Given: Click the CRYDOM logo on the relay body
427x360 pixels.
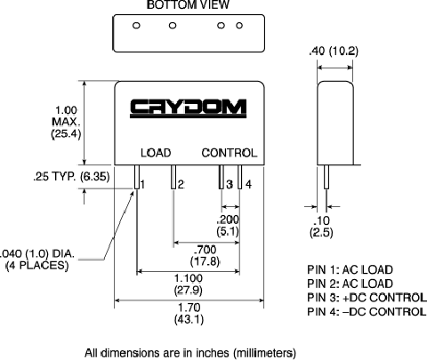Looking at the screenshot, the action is pyautogui.click(x=188, y=108).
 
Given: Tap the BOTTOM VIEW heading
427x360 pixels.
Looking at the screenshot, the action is pyautogui.click(x=188, y=4).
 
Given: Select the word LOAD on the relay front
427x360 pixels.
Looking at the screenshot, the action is pyautogui.click(x=156, y=153).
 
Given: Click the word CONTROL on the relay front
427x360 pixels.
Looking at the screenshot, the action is pyautogui.click(x=229, y=153).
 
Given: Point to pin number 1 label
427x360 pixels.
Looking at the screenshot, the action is pyautogui.click(x=142, y=185).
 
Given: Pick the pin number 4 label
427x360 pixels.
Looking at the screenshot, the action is pyautogui.click(x=248, y=185).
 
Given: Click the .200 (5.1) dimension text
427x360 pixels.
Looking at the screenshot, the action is pyautogui.click(x=228, y=225).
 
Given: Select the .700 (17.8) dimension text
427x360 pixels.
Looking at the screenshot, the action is pyautogui.click(x=205, y=255).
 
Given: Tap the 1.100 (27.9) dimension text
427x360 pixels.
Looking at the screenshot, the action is pyautogui.click(x=189, y=284).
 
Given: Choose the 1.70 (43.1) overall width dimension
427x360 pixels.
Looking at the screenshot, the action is pyautogui.click(x=189, y=313).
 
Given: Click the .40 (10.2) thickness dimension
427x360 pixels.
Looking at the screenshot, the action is pyautogui.click(x=334, y=51).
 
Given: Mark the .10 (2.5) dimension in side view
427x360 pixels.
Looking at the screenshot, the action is pyautogui.click(x=321, y=227).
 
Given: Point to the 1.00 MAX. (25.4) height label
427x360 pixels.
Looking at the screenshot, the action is pyautogui.click(x=66, y=122).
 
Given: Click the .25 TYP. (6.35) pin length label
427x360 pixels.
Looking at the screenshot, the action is pyautogui.click(x=71, y=177).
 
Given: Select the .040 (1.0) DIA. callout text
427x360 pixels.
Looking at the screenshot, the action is pyautogui.click(x=37, y=260).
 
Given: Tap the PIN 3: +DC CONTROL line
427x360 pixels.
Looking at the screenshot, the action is pyautogui.click(x=367, y=298).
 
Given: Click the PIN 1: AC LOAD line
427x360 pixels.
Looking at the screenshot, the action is pyautogui.click(x=350, y=269).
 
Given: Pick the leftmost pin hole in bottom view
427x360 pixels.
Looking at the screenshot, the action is pyautogui.click(x=136, y=26).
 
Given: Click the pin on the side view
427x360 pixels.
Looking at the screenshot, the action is pyautogui.click(x=326, y=177).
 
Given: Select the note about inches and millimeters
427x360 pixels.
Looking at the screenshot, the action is pyautogui.click(x=190, y=353).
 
